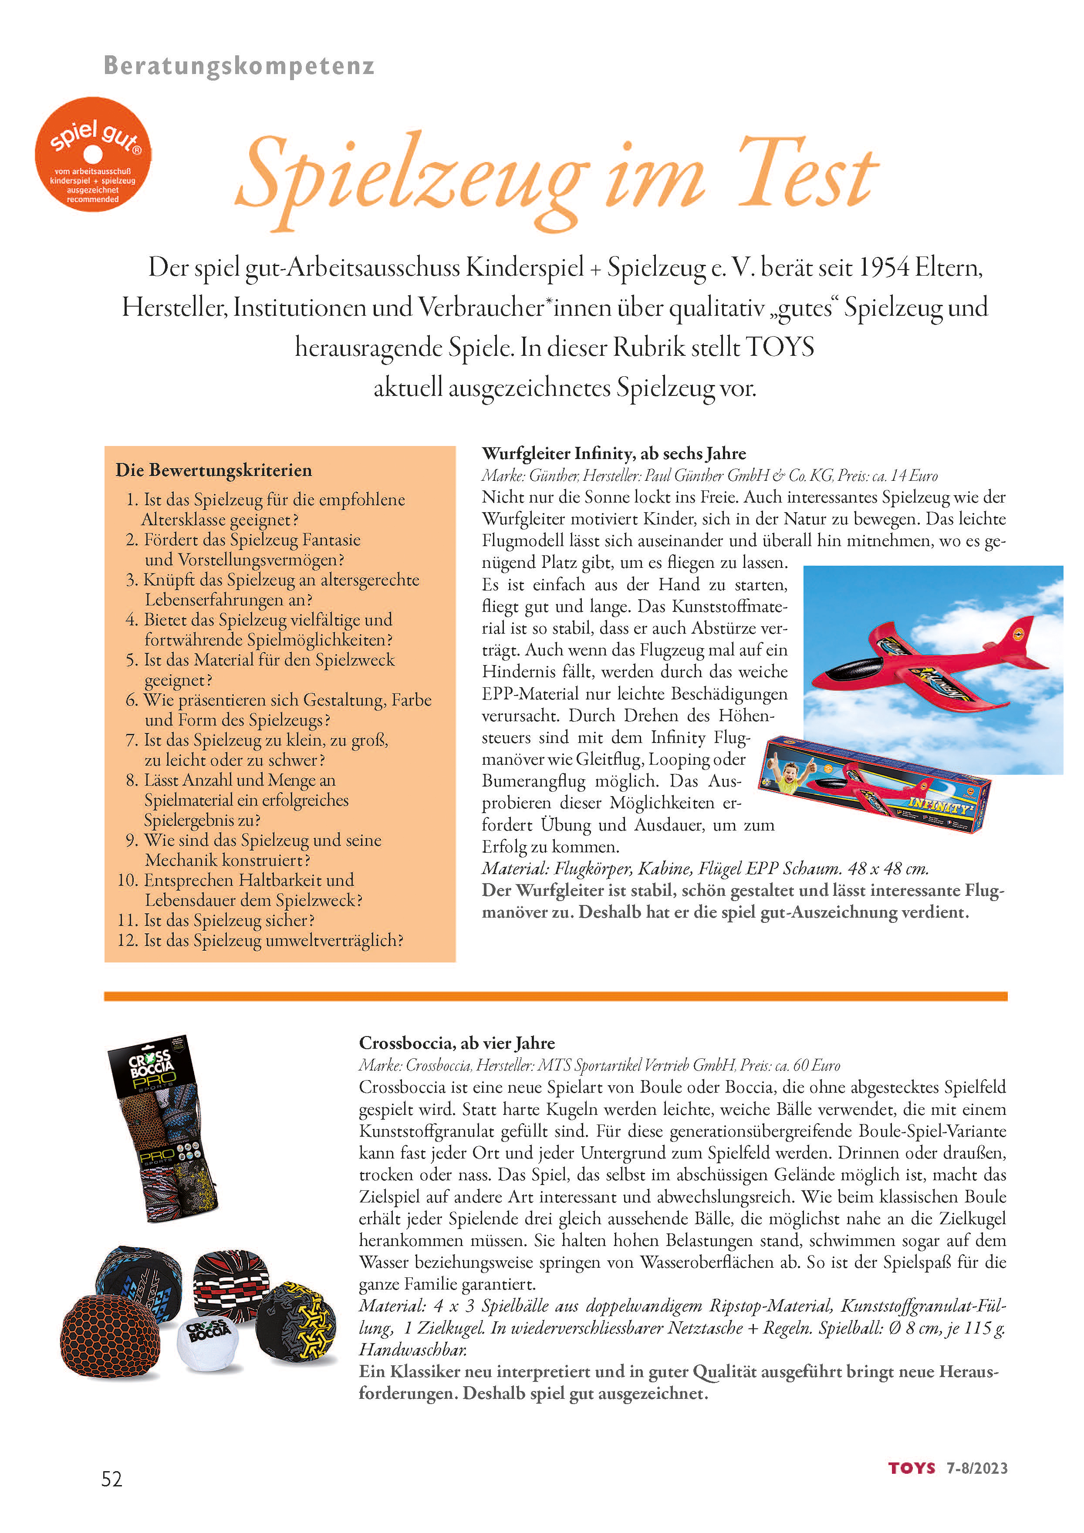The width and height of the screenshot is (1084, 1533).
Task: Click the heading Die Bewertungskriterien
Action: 213,470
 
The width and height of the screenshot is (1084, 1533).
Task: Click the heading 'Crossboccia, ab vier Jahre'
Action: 456,1043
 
